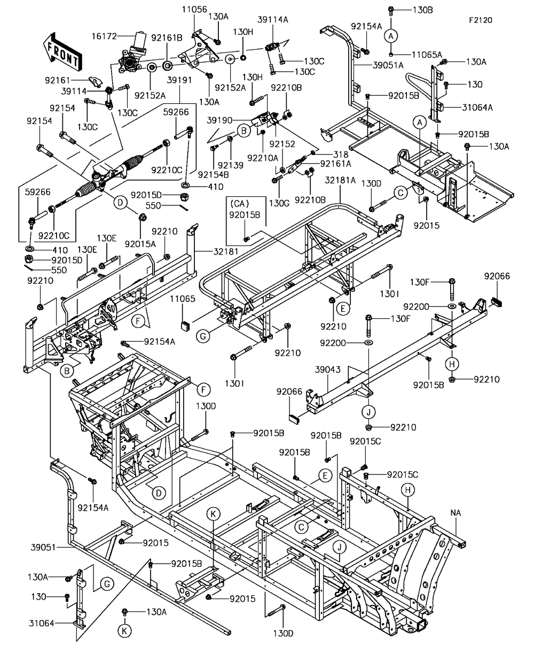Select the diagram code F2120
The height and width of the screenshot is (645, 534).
point(480,20)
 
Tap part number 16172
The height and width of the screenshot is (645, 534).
point(104,36)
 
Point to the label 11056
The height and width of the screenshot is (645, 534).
point(194,10)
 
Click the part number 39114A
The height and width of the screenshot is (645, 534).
point(273,19)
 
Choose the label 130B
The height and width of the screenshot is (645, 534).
point(422,10)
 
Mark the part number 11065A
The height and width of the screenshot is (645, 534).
point(427,55)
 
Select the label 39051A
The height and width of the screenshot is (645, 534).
point(388,65)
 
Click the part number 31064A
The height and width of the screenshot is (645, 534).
point(477,107)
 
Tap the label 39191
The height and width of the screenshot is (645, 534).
point(179,80)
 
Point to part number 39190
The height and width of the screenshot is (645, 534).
point(219,120)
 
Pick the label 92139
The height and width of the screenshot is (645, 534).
point(231,166)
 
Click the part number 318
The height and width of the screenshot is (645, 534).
point(341,154)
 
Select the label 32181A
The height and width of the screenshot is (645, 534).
point(340,180)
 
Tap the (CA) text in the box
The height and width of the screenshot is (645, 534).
point(239,204)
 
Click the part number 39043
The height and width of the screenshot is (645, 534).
point(328,370)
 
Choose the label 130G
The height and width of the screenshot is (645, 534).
point(279,203)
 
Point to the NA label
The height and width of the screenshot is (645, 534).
point(456,513)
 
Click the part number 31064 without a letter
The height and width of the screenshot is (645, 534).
point(42,624)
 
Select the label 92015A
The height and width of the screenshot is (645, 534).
point(140,244)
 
